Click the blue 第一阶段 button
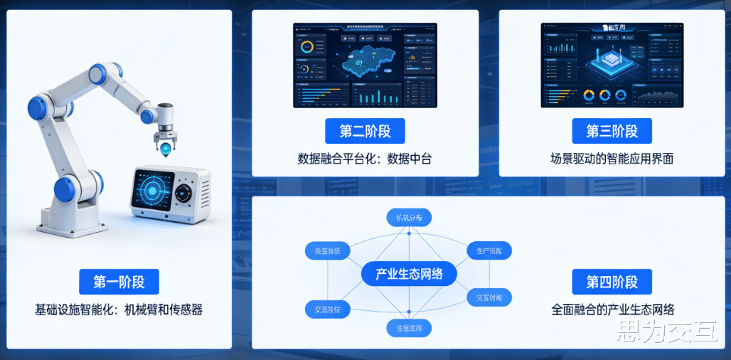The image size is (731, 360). tap(119, 282)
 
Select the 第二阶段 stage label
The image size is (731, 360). tap(365, 132)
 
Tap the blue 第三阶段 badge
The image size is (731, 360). tap(612, 132)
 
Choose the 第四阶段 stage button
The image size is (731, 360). tap(612, 282)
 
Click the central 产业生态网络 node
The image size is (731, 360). tap(408, 274)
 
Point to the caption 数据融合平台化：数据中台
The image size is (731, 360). tap(365, 159)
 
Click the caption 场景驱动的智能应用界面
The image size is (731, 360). tap(612, 159)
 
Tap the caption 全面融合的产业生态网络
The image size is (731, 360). tap(612, 309)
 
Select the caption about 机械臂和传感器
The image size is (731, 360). tap(119, 309)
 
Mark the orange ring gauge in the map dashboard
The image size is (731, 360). tap(307, 47)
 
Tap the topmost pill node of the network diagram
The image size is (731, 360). tap(409, 218)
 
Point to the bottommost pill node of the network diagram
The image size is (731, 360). tap(409, 328)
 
